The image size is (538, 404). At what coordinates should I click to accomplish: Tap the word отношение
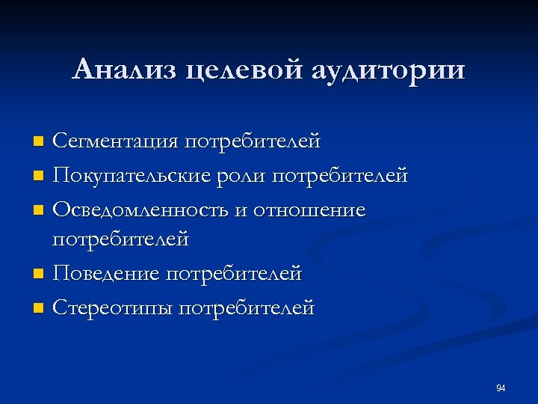coord(309,210)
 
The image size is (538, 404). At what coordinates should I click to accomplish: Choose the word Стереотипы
coord(114,307)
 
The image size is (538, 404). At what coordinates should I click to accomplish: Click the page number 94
coord(501,388)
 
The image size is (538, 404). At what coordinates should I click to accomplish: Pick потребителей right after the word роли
coord(340,176)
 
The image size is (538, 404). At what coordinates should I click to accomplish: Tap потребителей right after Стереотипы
coord(247,307)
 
